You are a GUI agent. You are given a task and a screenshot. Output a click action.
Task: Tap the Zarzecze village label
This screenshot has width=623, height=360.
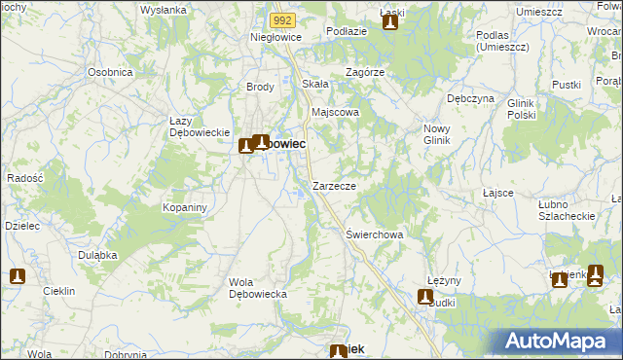334,185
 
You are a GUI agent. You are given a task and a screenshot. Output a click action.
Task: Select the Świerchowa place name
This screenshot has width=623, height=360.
375,234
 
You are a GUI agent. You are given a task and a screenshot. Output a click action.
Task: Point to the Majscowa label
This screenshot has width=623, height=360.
335,112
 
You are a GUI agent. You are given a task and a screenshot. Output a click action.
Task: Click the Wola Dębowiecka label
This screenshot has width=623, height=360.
255,288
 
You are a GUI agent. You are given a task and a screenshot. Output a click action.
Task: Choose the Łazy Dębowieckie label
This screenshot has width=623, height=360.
198,126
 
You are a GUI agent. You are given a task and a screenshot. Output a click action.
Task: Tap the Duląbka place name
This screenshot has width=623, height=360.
98,254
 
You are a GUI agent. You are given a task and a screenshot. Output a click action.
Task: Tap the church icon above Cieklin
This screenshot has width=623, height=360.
17,276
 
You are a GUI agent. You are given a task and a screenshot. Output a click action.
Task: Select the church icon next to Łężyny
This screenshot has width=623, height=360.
425,298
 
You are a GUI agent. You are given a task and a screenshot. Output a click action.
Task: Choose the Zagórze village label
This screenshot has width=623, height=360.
366,72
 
